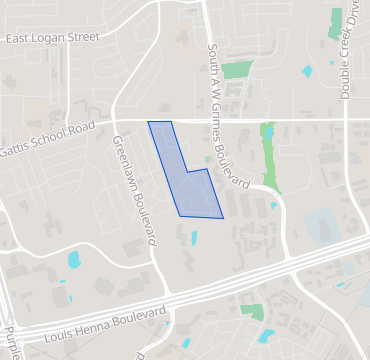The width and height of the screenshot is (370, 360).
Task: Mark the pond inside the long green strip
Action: [x=268, y=132]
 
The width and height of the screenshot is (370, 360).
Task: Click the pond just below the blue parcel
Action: [x=192, y=238]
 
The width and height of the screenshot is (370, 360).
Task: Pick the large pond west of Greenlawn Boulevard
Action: [x=73, y=260]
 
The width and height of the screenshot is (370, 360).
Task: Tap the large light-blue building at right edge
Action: [x=323, y=227]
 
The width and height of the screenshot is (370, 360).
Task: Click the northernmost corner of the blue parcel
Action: [x=149, y=122]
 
